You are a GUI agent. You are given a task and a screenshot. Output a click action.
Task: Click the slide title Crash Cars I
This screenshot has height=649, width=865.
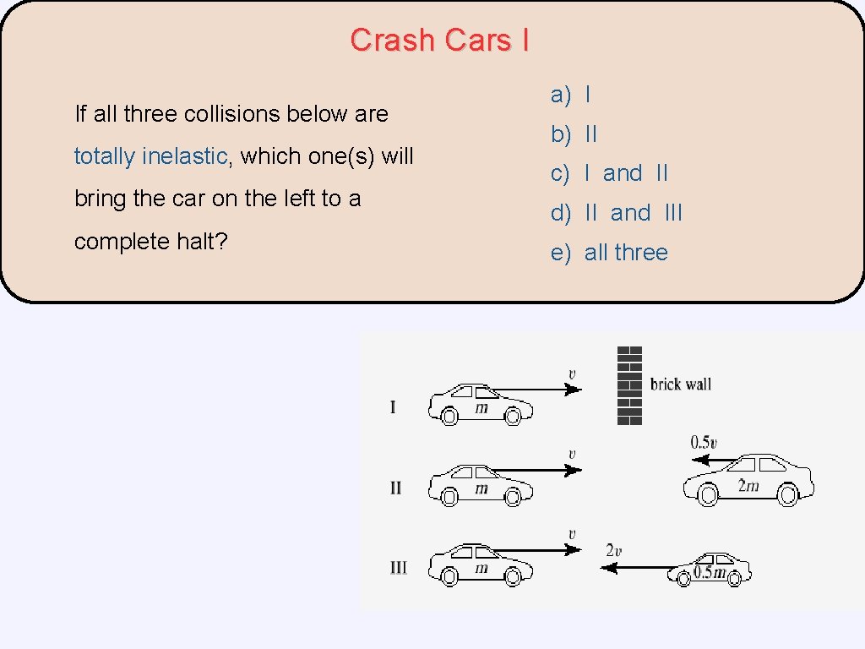[439, 40]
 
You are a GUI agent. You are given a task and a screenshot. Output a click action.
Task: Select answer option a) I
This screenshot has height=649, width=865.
[571, 95]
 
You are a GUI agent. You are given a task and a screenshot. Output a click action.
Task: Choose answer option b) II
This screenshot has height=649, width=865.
[574, 134]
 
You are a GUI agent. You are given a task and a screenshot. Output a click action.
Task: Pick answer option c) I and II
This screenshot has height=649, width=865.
[609, 173]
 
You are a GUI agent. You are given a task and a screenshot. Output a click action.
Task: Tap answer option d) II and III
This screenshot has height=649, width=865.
[617, 213]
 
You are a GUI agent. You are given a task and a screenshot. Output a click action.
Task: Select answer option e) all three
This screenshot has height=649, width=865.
[609, 253]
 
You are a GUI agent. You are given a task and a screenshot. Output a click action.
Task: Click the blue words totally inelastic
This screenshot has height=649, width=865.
[150, 156]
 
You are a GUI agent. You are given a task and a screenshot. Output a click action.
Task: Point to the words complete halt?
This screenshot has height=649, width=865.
[151, 242]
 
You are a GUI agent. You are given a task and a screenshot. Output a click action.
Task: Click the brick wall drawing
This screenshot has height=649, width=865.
[629, 385]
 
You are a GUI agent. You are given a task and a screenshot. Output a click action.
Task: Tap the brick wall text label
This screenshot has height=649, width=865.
[680, 384]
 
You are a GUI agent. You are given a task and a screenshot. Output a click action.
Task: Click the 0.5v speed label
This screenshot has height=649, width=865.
[704, 442]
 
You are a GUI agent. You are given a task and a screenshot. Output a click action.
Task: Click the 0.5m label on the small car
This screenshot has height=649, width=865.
[709, 573]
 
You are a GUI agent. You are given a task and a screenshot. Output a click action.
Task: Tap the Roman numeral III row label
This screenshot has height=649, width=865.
[398, 568]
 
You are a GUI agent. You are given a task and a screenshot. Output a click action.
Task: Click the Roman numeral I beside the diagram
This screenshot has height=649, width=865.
[393, 407]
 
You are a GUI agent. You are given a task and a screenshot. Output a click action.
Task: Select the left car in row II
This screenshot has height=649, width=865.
[480, 485]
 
